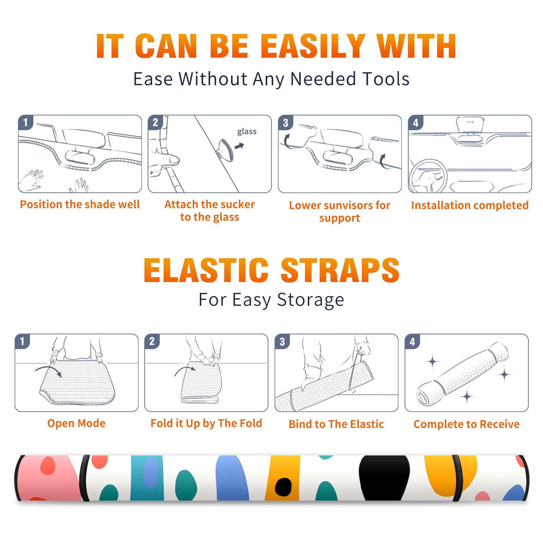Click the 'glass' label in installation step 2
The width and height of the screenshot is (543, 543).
click(247, 132)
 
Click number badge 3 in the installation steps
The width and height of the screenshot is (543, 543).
click(285, 123)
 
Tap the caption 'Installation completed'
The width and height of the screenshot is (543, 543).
click(470, 205)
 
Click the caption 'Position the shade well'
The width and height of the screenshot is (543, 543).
click(80, 204)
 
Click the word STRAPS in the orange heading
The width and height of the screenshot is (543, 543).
click(340, 270)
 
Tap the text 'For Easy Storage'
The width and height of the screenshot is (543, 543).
click(271, 300)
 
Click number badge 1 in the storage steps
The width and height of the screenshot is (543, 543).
click(22, 341)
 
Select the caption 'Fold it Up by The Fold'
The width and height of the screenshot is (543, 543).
click(206, 424)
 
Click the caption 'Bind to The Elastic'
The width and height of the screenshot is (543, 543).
click(336, 424)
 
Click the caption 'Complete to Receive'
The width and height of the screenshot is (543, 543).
click(467, 424)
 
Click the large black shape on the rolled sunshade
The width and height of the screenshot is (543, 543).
click(385, 478)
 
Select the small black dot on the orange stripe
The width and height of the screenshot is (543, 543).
click(283, 487)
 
